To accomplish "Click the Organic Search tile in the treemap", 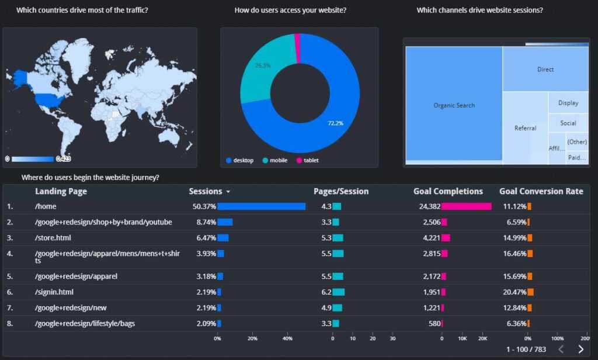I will (454, 105).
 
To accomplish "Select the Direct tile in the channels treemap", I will (545, 70).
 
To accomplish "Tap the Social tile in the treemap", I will (568, 123).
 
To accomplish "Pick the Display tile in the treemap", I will (568, 103).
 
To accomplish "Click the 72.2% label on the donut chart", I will (335, 123).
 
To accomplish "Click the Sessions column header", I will (206, 192).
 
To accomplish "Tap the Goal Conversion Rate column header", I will (541, 192).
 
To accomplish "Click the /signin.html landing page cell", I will (54, 292).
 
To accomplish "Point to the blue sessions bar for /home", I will (261, 206).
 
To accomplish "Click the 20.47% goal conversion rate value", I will (514, 292).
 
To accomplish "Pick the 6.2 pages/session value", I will (326, 292).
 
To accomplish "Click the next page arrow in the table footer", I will (580, 349).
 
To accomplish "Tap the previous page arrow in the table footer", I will (561, 349).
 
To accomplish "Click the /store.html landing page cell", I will (53, 238).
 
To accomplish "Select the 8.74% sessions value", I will (206, 222).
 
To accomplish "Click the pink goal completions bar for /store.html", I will (446, 238).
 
